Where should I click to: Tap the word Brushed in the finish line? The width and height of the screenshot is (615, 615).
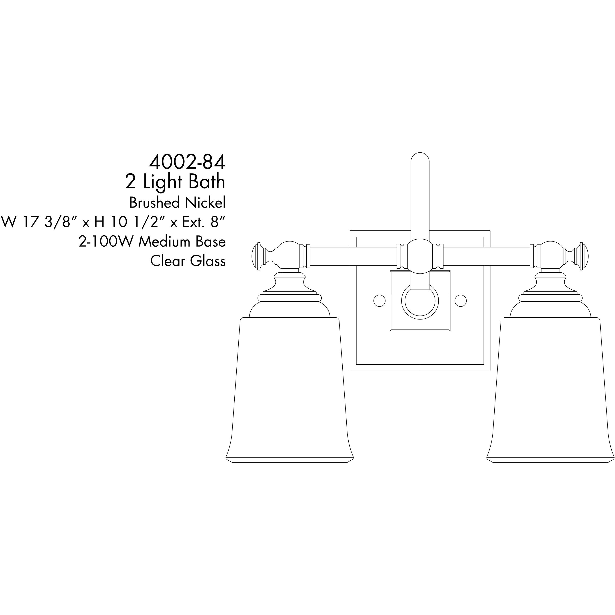(x=151, y=203)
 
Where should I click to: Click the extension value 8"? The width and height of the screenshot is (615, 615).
(x=218, y=222)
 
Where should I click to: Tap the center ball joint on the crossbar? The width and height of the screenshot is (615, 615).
(x=420, y=256)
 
